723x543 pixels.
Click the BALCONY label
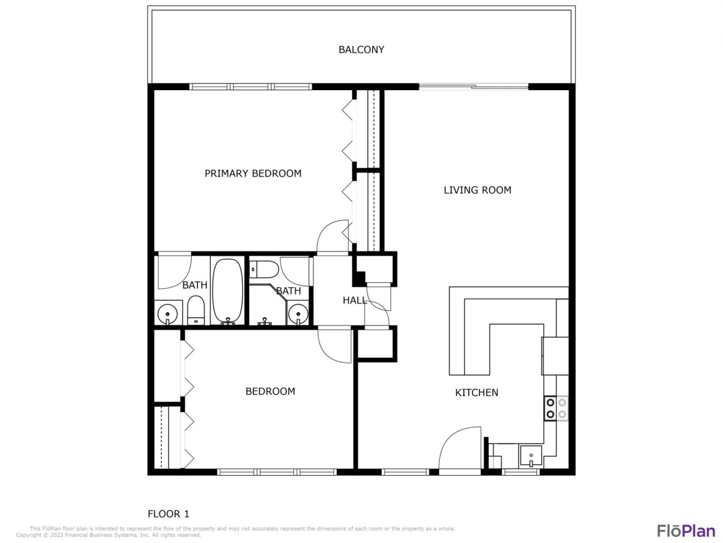pyautogui.click(x=361, y=49)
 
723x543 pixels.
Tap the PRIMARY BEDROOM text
pyautogui.click(x=253, y=173)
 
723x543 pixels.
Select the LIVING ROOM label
pyautogui.click(x=477, y=190)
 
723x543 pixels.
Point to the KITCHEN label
pyautogui.click(x=476, y=393)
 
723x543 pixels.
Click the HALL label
pyautogui.click(x=354, y=300)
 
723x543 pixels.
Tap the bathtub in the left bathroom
pyautogui.click(x=228, y=290)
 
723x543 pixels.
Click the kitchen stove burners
pyautogui.click(x=556, y=408)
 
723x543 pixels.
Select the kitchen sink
pyautogui.click(x=530, y=456)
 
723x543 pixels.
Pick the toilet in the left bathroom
pyautogui.click(x=196, y=310)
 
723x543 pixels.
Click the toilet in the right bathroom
pyautogui.click(x=264, y=269)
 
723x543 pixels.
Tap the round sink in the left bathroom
pyautogui.click(x=168, y=314)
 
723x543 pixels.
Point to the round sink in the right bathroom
pyautogui.click(x=298, y=314)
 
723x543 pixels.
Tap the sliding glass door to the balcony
pyautogui.click(x=474, y=87)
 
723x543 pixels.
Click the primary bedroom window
pyautogui.click(x=251, y=87)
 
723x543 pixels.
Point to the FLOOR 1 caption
pyautogui.click(x=168, y=514)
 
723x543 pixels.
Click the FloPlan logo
pyautogui.click(x=686, y=531)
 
